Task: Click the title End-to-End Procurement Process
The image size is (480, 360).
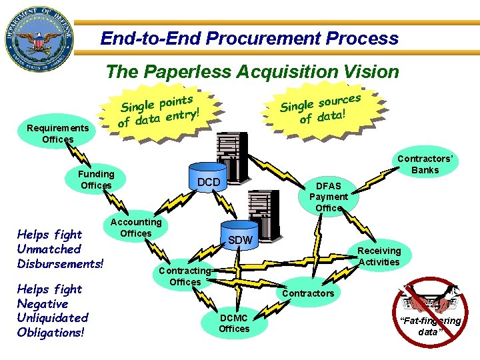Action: tap(249, 38)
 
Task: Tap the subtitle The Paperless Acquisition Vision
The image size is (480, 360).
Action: tap(253, 71)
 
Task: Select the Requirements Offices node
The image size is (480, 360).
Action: tap(57, 133)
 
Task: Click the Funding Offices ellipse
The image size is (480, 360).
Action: tap(97, 179)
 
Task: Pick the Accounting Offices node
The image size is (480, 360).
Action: tap(136, 228)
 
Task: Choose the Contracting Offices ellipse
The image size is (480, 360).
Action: tap(185, 276)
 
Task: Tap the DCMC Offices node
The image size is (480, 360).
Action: tap(234, 323)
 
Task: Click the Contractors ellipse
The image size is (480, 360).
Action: tap(308, 293)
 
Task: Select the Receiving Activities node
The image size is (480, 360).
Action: tap(379, 256)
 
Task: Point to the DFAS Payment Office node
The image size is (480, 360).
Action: tap(328, 197)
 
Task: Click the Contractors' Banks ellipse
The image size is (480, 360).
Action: tap(425, 164)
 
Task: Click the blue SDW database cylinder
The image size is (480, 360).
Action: tap(240, 238)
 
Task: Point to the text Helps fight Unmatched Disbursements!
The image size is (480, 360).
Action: tap(60, 249)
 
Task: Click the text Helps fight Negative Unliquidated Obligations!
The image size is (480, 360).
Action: tap(53, 311)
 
